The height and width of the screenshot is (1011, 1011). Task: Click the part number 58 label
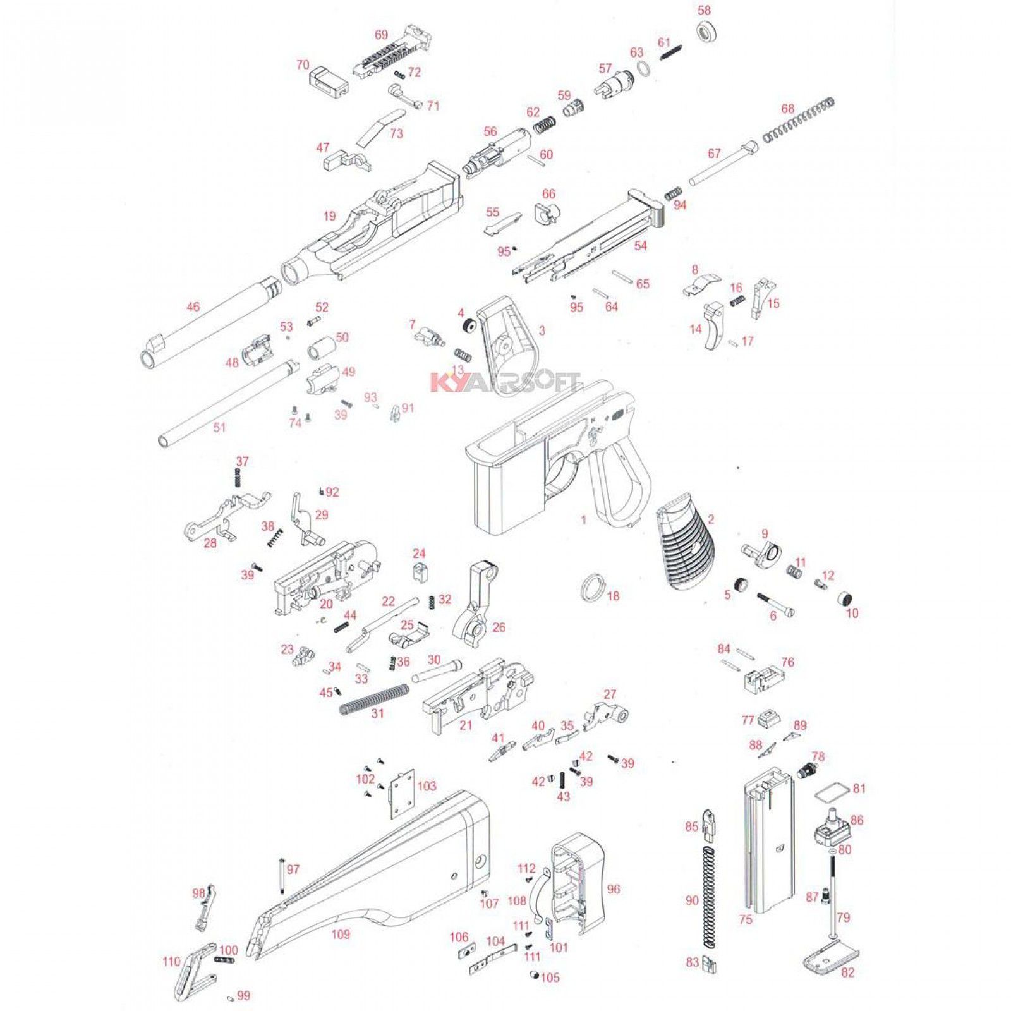[704, 11]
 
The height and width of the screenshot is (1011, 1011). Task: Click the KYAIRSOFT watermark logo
[504, 382]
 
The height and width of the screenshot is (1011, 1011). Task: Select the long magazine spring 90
[710, 897]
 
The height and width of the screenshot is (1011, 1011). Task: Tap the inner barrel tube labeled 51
[227, 401]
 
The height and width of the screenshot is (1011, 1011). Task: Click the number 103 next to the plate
[427, 786]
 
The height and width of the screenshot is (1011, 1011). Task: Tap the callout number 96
[613, 889]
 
